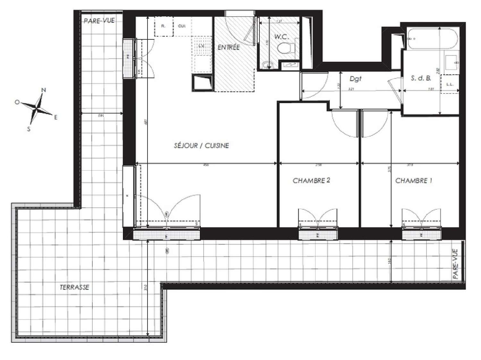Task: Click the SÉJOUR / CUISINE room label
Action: [201, 146]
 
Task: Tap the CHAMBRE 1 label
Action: [413, 181]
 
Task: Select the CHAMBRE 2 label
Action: [311, 181]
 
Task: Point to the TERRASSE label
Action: [74, 287]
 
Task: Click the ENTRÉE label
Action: [229, 47]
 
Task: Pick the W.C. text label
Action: [282, 37]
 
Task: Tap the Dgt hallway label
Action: [355, 79]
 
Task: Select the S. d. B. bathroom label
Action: [421, 78]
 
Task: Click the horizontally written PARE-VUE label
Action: [99, 21]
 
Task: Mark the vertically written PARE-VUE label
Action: [456, 264]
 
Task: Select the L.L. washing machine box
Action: [450, 84]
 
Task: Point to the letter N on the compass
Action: [44, 90]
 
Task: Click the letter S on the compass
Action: [29, 129]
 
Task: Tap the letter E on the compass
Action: [55, 118]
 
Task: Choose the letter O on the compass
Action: [17, 102]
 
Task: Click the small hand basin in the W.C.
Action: [266, 66]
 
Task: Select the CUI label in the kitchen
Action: [181, 26]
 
